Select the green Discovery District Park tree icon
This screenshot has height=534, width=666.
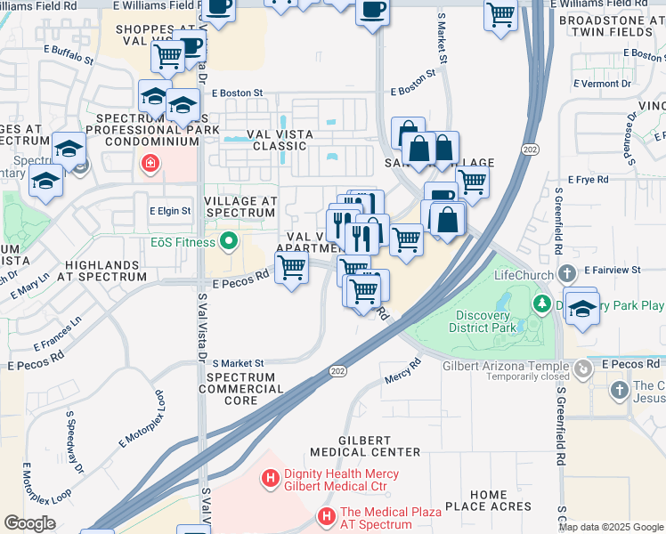(541, 304)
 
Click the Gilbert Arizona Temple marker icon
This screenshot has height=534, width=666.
(582, 367)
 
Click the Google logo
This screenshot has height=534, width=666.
(29, 522)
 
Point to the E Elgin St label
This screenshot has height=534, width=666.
(169, 211)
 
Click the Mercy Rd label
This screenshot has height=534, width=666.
(403, 370)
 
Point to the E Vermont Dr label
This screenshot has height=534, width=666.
(602, 83)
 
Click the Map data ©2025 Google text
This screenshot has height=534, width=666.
(611, 527)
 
